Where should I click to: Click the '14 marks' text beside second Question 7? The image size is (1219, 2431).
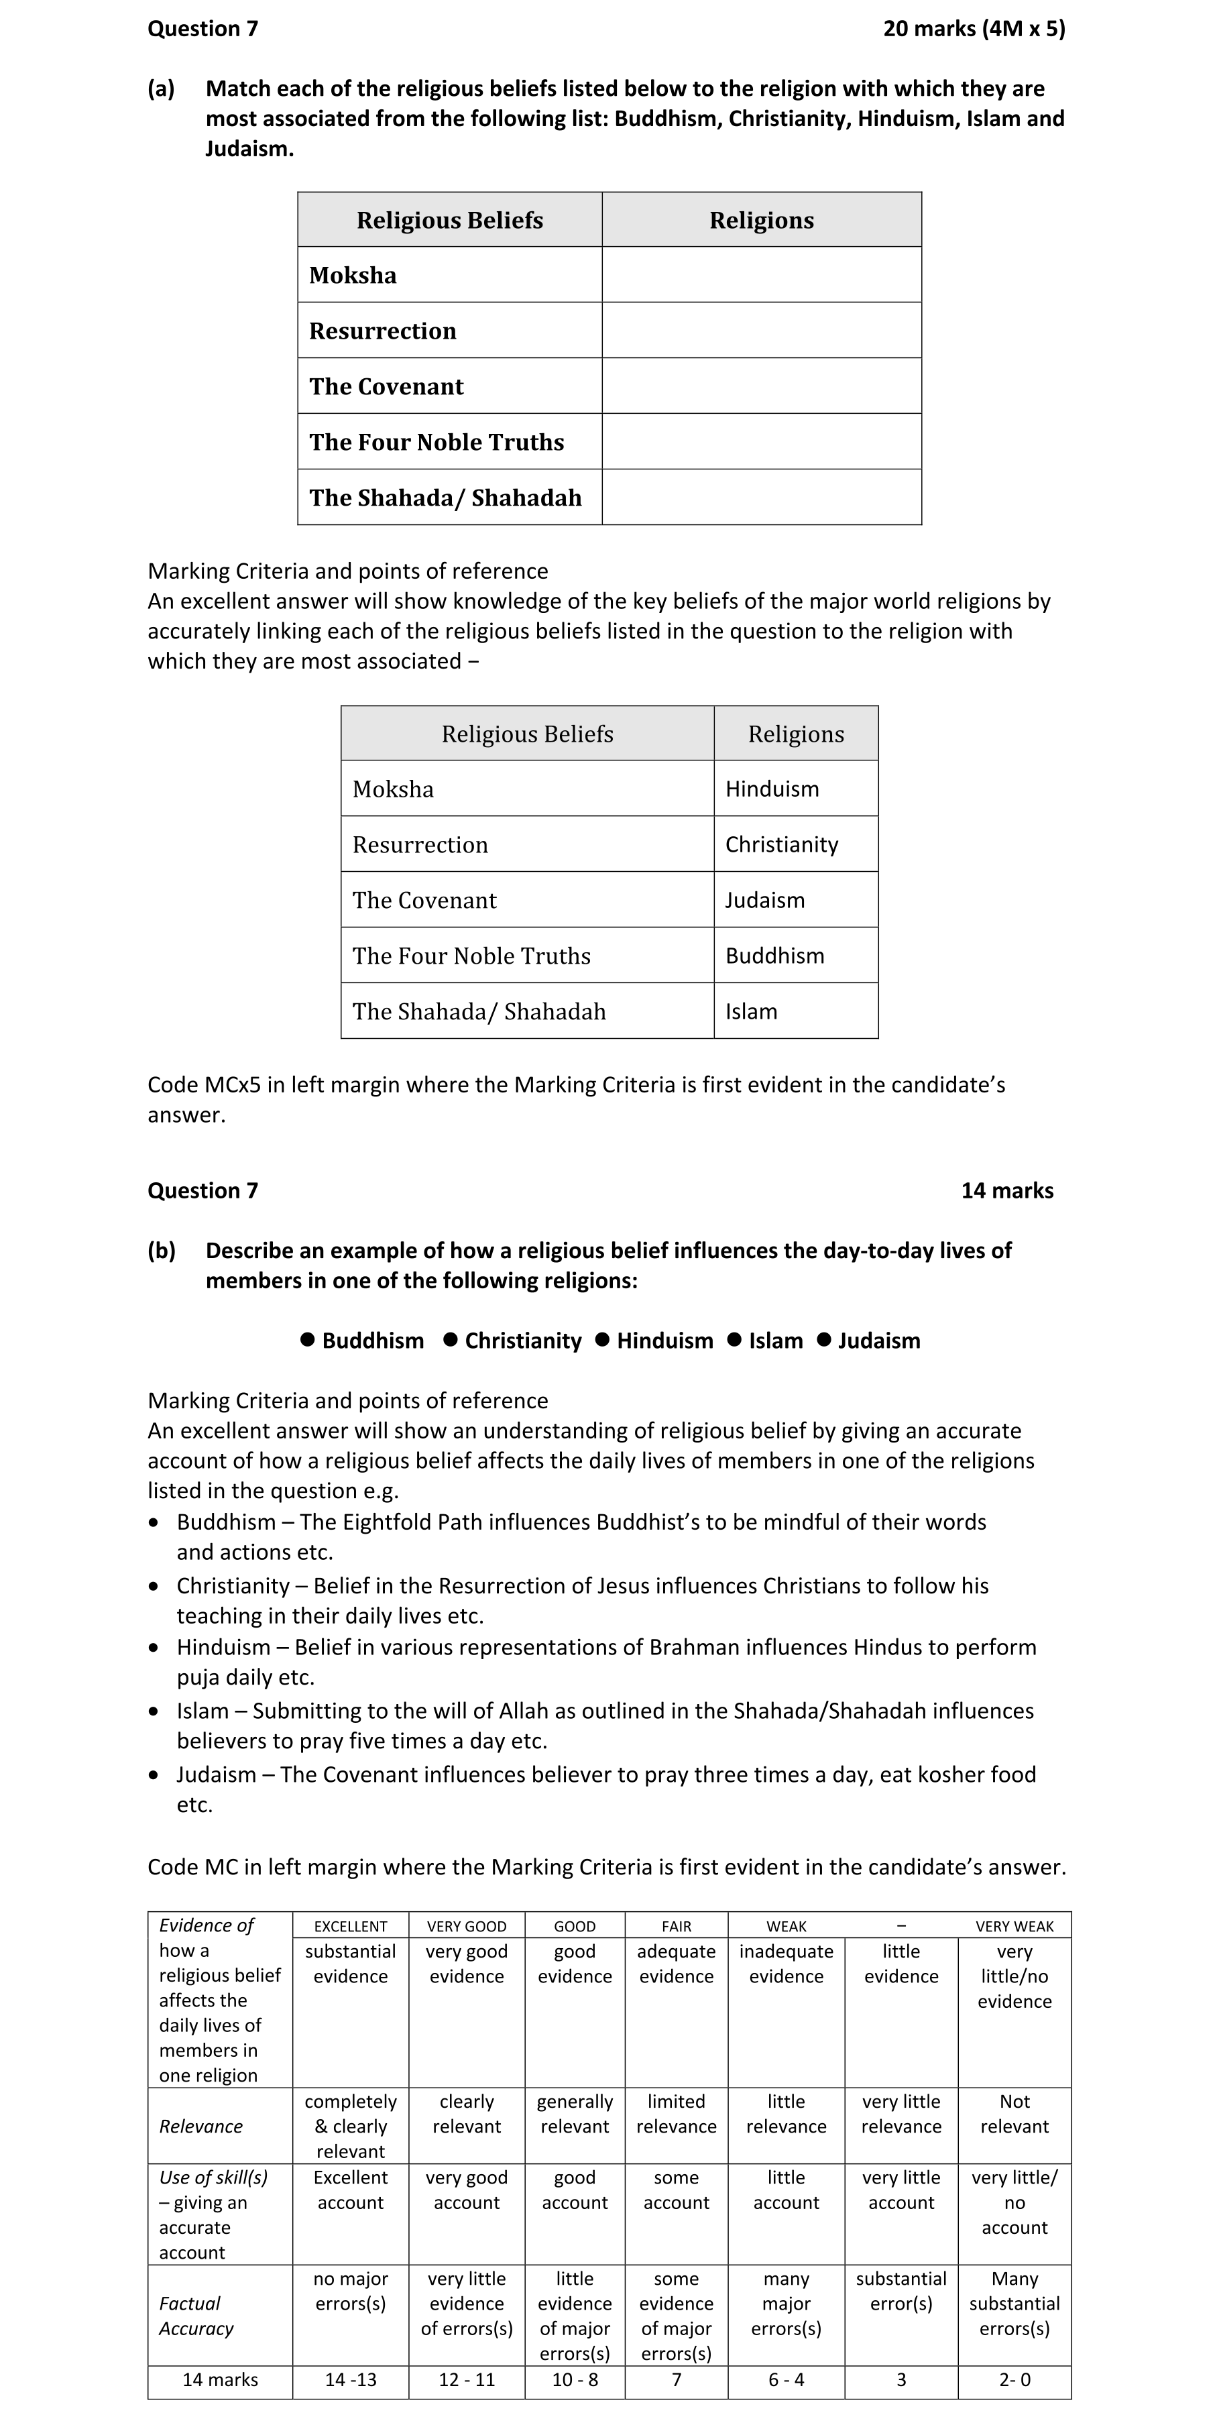pos(1006,1190)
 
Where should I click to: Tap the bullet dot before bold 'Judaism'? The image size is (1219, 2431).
pos(823,1340)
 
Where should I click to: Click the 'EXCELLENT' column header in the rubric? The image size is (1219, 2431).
pos(350,1926)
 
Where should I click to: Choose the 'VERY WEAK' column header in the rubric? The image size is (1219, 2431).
pos(1014,1926)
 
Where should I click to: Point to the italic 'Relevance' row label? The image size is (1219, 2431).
pos(201,2126)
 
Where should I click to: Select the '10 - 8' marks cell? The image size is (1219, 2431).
pos(575,2380)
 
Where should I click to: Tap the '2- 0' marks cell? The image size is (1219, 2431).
pos(1014,2380)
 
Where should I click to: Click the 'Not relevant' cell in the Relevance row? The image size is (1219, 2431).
pos(1014,2114)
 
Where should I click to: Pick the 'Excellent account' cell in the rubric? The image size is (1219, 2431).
pos(350,2190)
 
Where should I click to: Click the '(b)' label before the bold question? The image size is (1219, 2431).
pos(162,1251)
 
